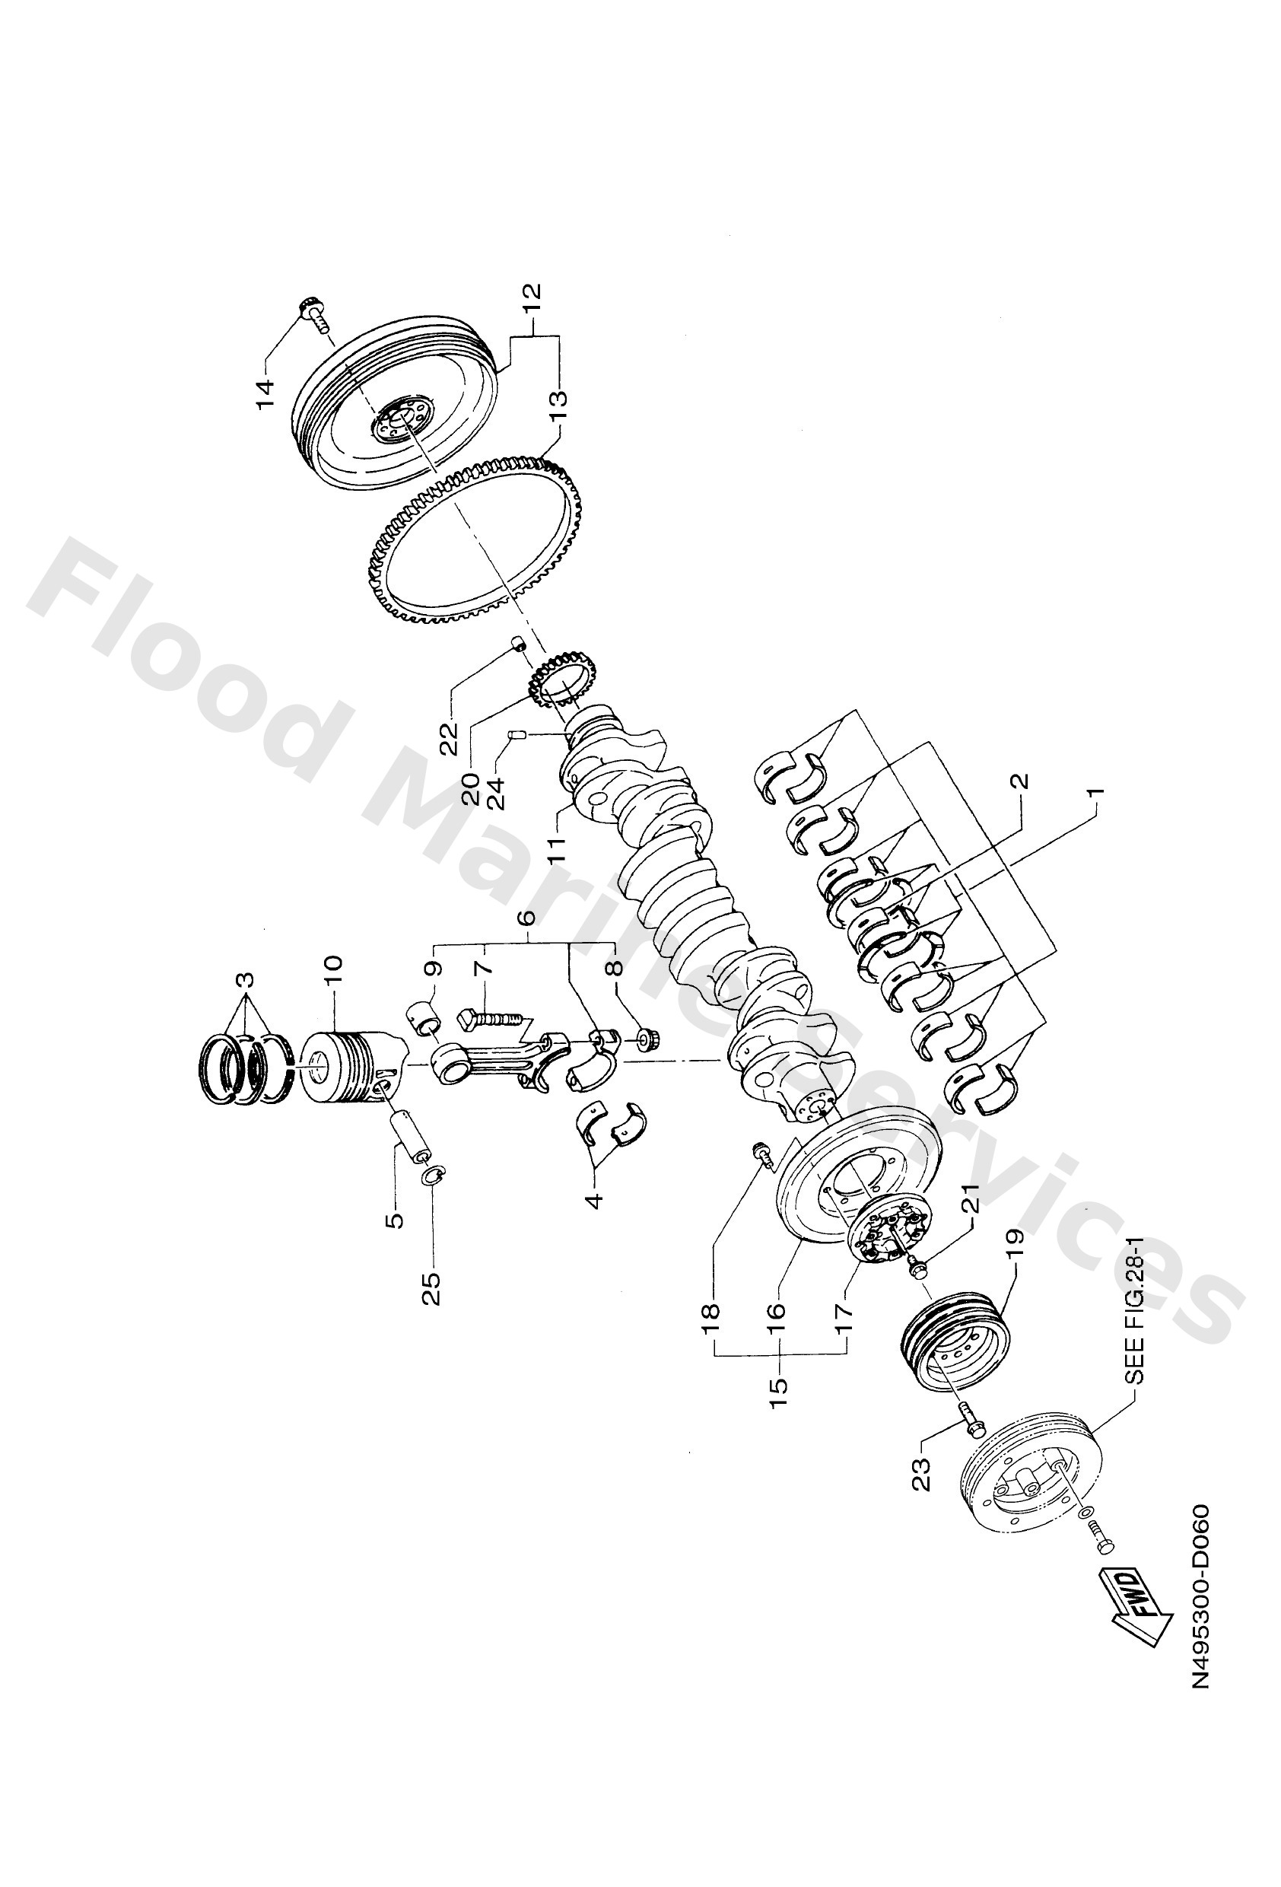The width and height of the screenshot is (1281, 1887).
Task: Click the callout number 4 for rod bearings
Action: click(x=594, y=1200)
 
